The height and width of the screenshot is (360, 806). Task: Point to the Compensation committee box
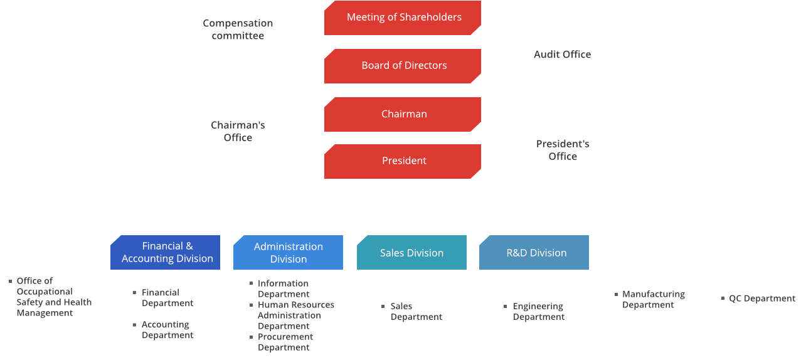click(x=238, y=29)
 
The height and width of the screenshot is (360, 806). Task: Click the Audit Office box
click(x=562, y=55)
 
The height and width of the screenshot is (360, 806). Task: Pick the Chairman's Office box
click(x=238, y=131)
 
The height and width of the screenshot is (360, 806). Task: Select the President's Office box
click(x=562, y=151)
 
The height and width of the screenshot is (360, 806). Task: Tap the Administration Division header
click(x=289, y=253)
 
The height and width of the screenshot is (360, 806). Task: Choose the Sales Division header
click(x=411, y=253)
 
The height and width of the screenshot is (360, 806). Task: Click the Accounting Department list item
click(x=167, y=330)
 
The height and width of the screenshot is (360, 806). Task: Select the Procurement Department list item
click(x=285, y=342)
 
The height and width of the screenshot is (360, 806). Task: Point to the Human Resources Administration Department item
click(x=295, y=315)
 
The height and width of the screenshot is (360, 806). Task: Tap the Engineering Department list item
click(x=538, y=312)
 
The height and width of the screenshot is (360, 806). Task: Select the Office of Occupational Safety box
click(x=50, y=297)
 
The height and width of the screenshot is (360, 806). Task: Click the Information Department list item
click(x=283, y=289)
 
